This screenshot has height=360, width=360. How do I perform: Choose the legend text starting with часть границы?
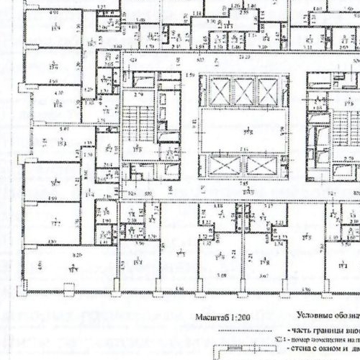coord(324,329)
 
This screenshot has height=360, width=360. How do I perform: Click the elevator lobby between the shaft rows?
coord(242,130)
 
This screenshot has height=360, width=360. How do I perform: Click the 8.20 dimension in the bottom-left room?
coord(60,255)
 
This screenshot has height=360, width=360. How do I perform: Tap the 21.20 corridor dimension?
coord(243,55)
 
